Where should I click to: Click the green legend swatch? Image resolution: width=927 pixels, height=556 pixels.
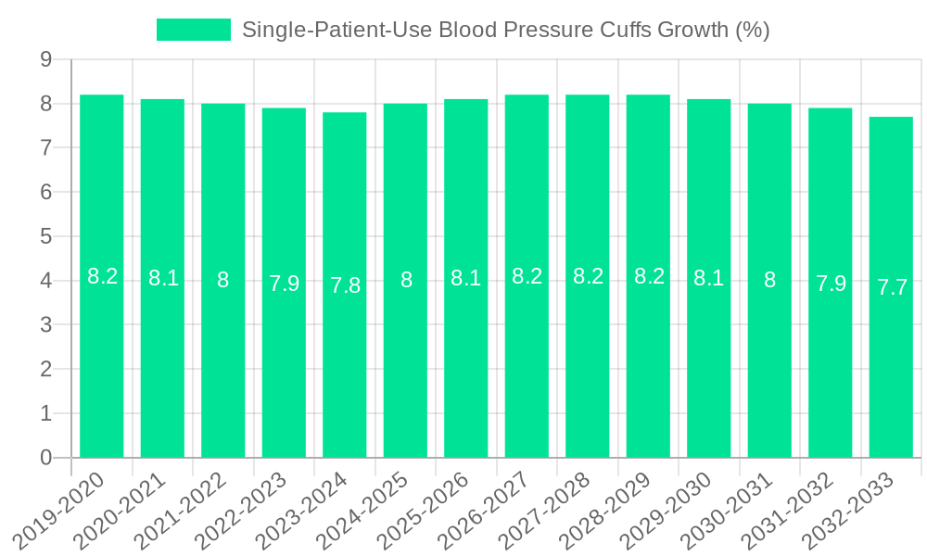click(x=194, y=30)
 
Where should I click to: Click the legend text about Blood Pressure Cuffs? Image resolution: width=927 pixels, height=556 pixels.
click(x=505, y=30)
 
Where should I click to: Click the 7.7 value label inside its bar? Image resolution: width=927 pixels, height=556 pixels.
click(x=892, y=287)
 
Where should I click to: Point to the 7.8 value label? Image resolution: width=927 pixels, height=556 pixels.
click(x=345, y=285)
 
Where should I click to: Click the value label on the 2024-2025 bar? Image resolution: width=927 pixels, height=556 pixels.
click(x=406, y=280)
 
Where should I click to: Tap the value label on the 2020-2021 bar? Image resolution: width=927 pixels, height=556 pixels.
click(x=163, y=278)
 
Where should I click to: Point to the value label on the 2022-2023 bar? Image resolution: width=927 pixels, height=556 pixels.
click(x=284, y=284)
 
